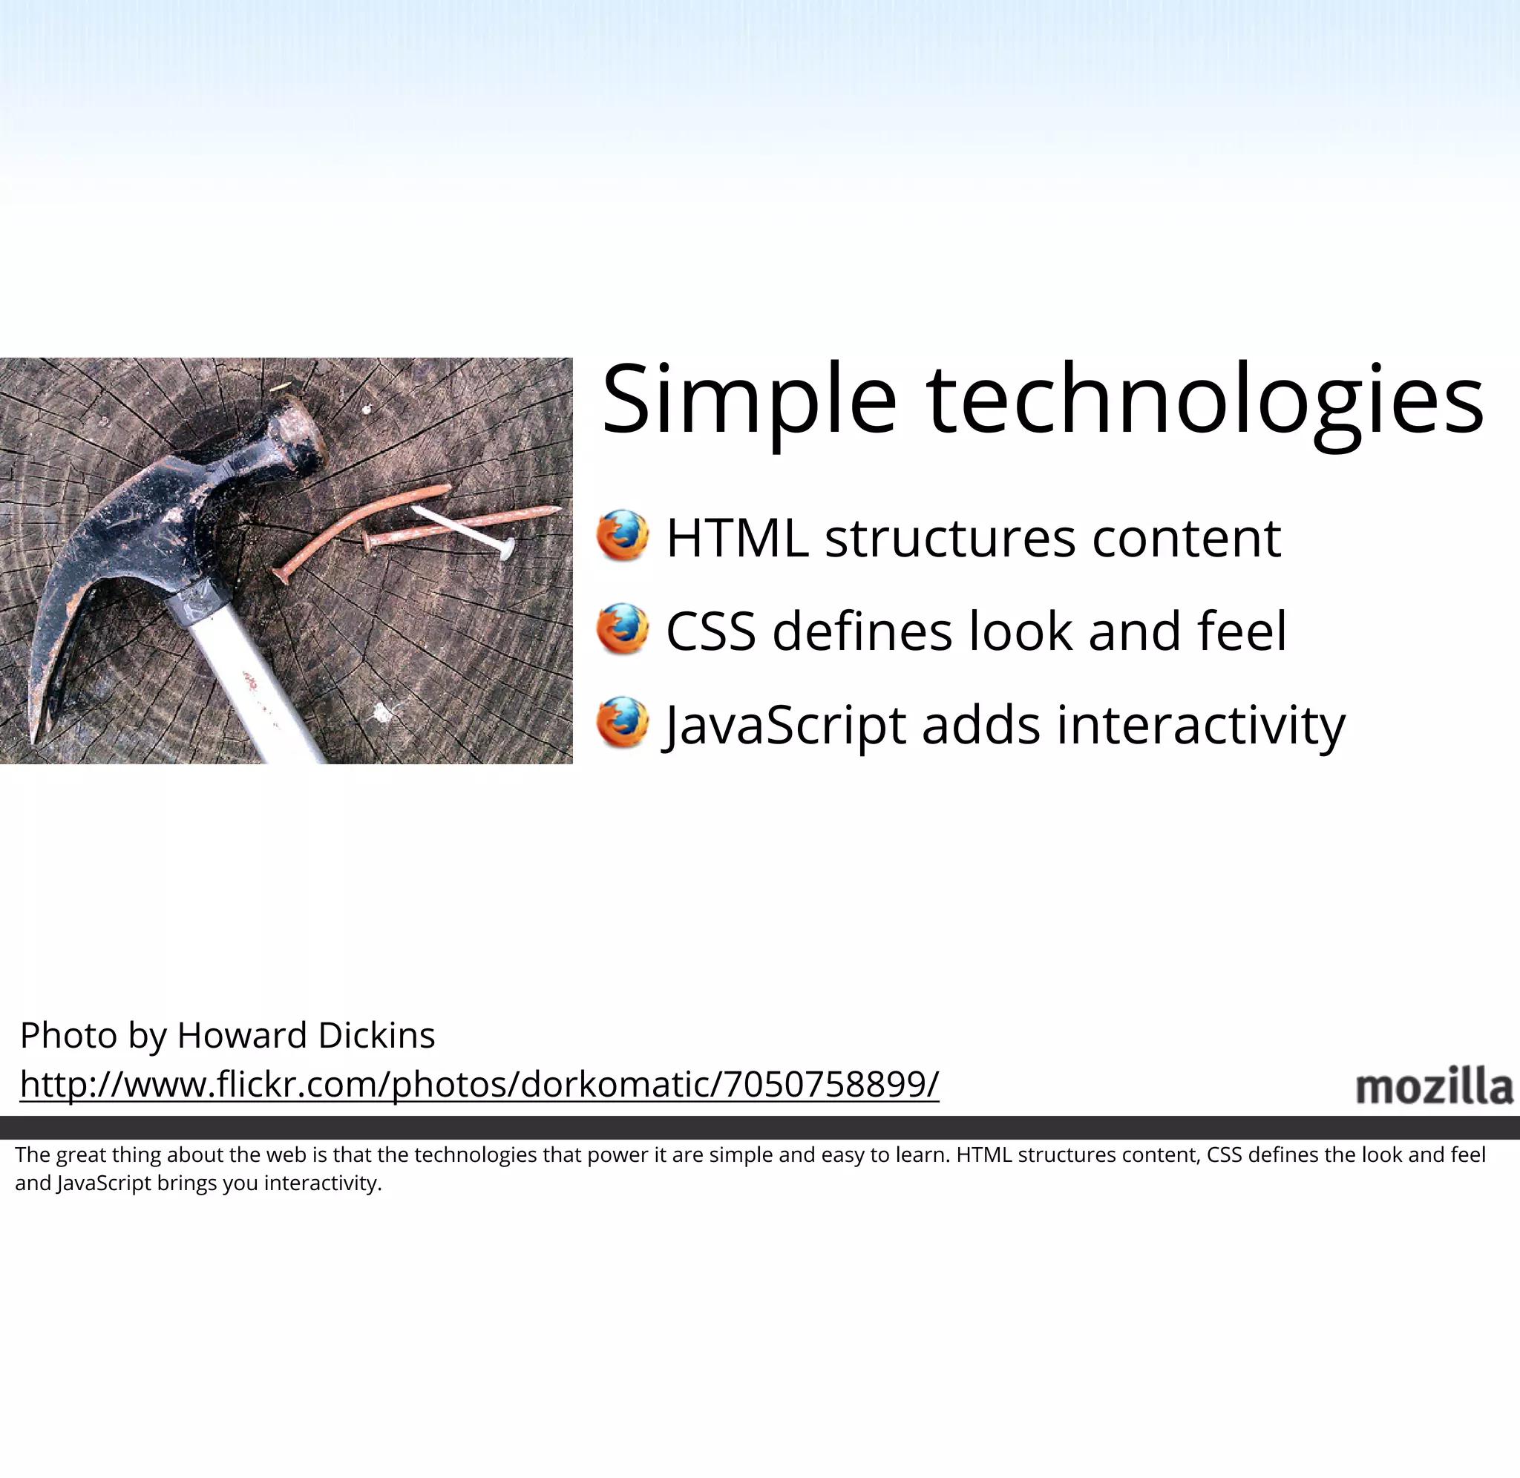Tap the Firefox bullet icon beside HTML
623,536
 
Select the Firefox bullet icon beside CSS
623,628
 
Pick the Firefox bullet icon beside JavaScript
623,723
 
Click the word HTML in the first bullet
737,538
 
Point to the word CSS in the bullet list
710,631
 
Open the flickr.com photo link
479,1084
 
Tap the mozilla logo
1433,1086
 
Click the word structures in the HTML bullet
949,538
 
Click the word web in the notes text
286,1155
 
